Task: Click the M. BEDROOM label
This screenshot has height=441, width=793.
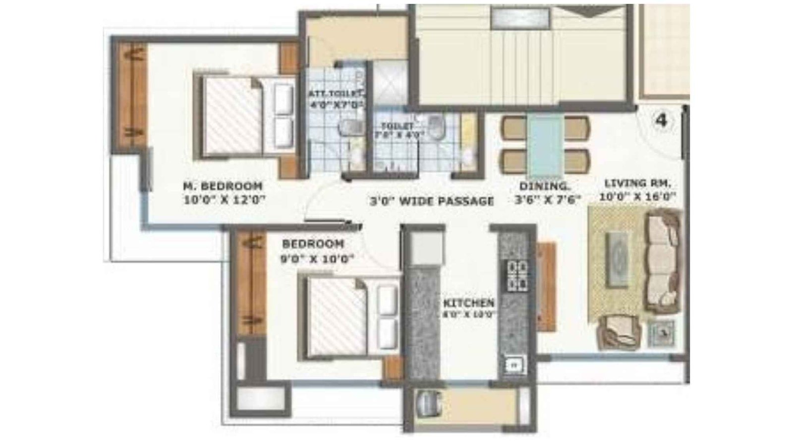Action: coord(223,187)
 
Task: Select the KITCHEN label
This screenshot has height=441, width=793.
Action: coord(468,303)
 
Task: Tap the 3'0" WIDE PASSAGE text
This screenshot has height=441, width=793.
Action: coord(432,201)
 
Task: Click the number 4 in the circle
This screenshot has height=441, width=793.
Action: coord(661,121)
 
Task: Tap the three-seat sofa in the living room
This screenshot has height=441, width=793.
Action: coord(662,260)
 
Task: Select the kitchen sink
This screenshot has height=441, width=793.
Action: coord(514,365)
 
